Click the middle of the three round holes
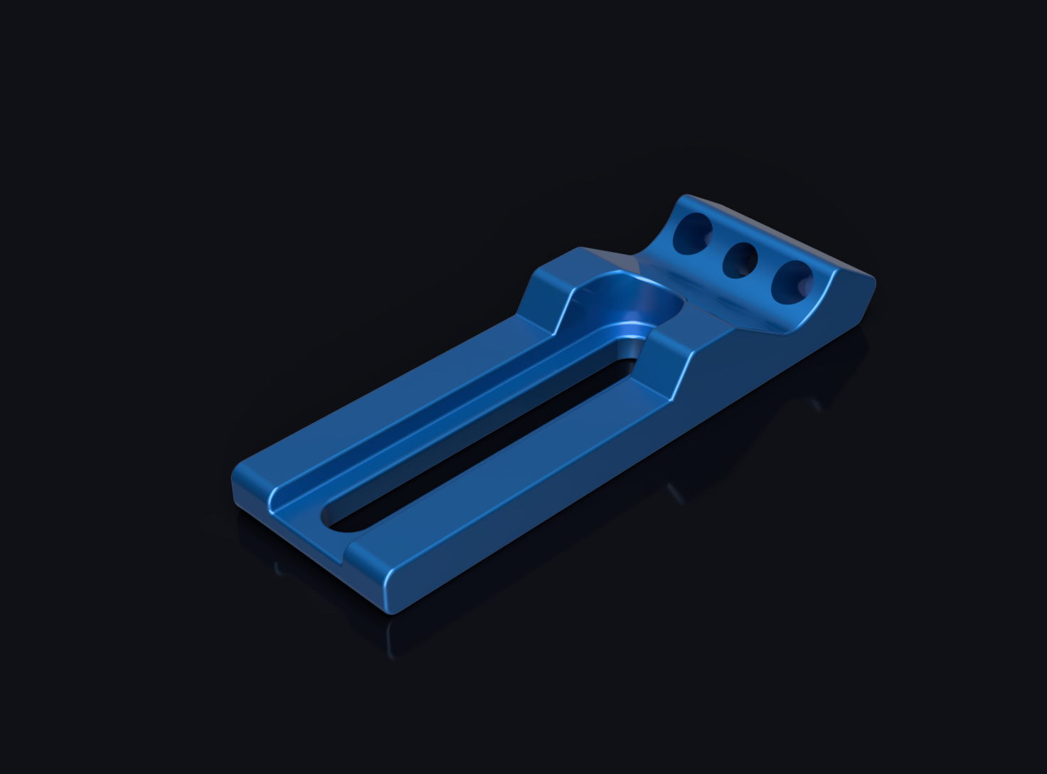[740, 260]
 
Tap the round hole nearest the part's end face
[792, 282]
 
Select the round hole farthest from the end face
[692, 233]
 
